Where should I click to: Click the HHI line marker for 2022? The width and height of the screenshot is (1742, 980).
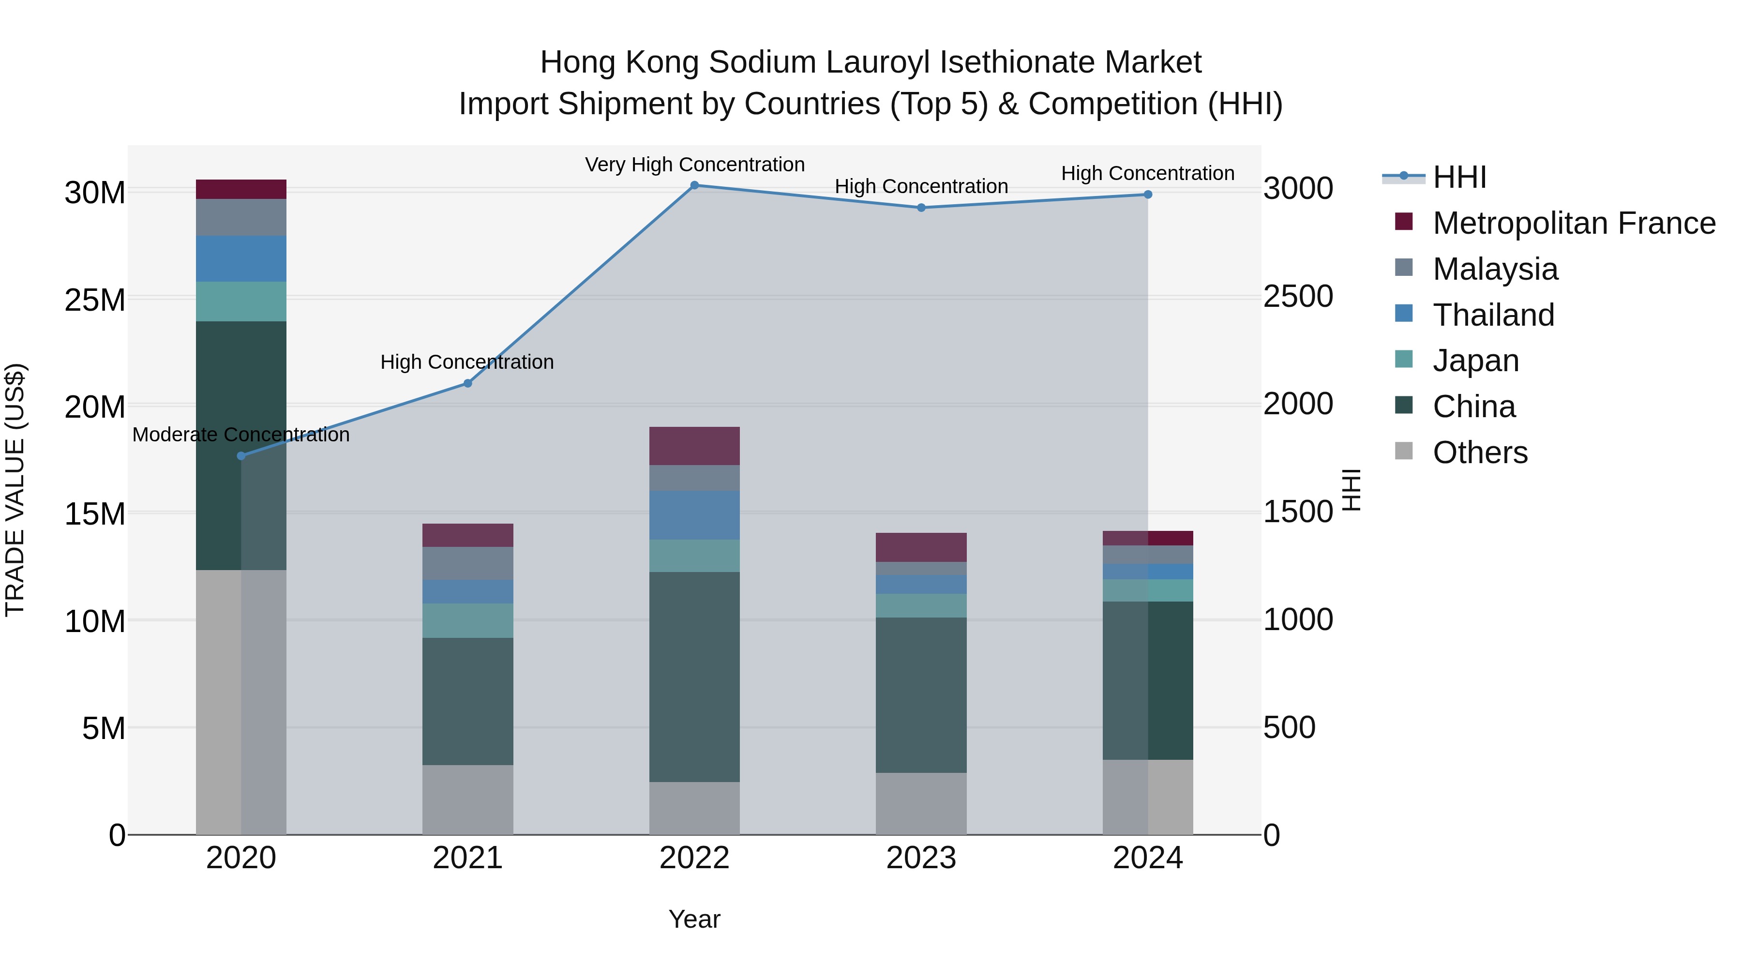tap(694, 185)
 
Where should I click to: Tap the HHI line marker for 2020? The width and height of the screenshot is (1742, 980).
tap(241, 456)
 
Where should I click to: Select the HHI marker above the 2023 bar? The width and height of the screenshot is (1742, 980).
tap(921, 208)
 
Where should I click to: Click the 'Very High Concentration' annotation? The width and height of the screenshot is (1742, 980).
tap(694, 165)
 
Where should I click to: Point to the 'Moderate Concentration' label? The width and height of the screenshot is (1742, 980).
tap(241, 435)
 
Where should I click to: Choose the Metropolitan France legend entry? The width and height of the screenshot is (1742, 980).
tap(1573, 223)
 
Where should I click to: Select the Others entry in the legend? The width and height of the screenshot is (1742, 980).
tap(1480, 452)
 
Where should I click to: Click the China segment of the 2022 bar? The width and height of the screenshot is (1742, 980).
tap(694, 677)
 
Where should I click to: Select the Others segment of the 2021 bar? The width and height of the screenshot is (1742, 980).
tap(467, 799)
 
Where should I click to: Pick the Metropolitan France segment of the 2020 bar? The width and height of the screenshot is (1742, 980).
tap(241, 189)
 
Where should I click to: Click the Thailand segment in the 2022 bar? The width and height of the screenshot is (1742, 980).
tap(694, 515)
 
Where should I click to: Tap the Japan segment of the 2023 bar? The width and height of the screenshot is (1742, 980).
tap(921, 605)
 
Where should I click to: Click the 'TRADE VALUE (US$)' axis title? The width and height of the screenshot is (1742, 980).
tap(15, 490)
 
